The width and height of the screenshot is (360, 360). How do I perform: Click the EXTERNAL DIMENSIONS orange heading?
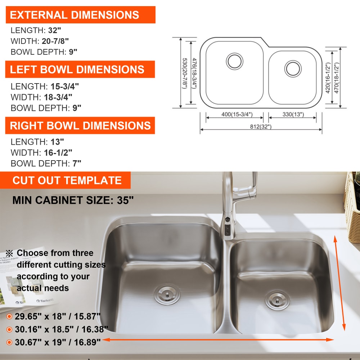[x=81, y=15]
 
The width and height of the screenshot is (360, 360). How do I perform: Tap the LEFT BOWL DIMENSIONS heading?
[x=80, y=69]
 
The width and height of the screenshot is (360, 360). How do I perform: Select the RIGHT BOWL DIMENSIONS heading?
[x=80, y=125]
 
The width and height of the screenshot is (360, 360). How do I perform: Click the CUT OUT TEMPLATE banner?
[x=66, y=180]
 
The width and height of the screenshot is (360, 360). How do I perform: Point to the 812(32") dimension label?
[x=261, y=126]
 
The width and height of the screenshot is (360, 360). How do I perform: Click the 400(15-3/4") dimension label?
[x=237, y=114]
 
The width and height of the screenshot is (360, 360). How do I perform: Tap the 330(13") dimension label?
[x=293, y=114]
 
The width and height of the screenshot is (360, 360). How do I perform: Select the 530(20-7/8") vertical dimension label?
[x=185, y=73]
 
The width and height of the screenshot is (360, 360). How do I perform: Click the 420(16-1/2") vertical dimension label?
[x=328, y=78]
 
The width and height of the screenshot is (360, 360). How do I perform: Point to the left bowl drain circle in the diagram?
[x=234, y=61]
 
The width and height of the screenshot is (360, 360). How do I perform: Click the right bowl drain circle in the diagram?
[x=293, y=69]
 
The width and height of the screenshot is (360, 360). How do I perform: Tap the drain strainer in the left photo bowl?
[x=167, y=294]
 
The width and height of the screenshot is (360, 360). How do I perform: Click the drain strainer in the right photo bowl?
[x=277, y=300]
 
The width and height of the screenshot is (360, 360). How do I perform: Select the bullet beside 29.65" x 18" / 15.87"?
[x=9, y=316]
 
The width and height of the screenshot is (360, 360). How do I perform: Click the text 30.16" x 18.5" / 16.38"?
[x=61, y=329]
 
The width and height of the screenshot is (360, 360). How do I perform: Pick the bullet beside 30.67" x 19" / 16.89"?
[x=9, y=342]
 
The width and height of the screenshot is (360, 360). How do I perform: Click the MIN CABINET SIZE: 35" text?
[x=73, y=200]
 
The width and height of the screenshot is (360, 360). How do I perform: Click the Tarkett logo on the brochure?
[x=45, y=300]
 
